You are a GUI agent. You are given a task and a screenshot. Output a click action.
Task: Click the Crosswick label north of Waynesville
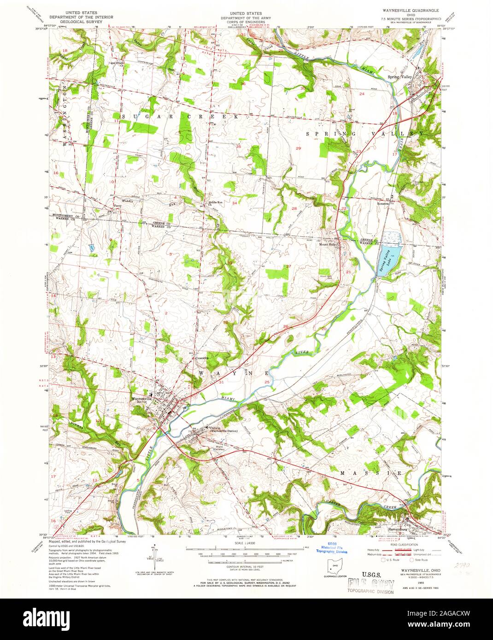[201, 358]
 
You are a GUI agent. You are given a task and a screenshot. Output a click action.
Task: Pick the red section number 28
[294, 209]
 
